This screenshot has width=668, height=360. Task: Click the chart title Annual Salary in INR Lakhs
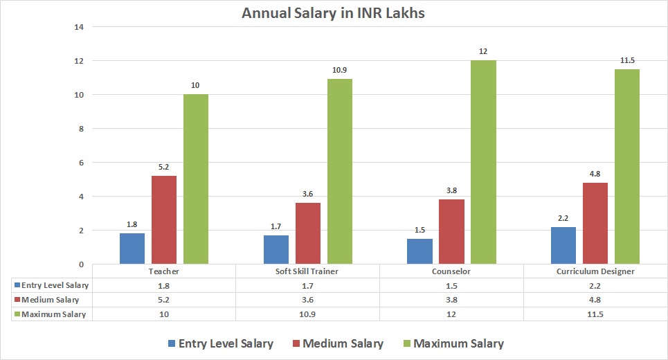[x=334, y=12]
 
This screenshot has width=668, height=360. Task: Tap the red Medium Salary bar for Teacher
[x=164, y=219]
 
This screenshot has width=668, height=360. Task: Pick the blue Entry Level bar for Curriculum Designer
[x=563, y=245]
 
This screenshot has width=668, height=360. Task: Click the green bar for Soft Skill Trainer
[x=339, y=171]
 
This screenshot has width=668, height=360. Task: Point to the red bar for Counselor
[x=451, y=231]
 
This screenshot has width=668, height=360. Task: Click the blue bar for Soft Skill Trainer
[x=276, y=249]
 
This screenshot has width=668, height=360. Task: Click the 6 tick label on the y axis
[x=80, y=163]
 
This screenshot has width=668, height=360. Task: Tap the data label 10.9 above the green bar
[x=339, y=71]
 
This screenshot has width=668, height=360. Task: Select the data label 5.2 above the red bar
[x=164, y=168]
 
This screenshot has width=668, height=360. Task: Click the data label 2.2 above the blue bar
[x=563, y=219]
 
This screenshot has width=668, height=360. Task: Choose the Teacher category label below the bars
[x=164, y=271]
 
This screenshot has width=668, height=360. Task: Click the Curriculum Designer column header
[x=595, y=271]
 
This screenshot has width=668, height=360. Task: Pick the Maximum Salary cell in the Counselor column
[x=451, y=314]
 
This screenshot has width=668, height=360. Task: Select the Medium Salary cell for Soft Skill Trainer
[x=307, y=300]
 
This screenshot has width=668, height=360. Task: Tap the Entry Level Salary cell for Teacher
[x=164, y=285]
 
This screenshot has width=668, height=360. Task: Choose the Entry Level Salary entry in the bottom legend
[x=219, y=343]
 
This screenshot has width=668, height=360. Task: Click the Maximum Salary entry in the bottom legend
[x=451, y=343]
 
